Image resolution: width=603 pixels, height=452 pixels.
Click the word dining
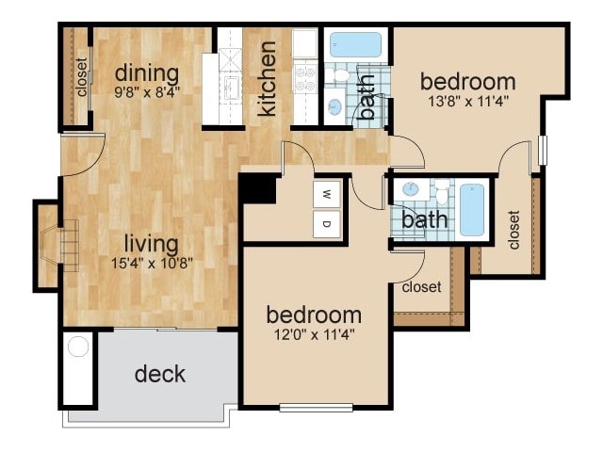[x=146, y=73]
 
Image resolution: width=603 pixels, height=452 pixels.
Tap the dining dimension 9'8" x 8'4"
[x=146, y=92]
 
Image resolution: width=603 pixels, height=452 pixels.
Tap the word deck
[x=159, y=374]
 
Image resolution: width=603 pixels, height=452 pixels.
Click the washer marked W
[x=327, y=195]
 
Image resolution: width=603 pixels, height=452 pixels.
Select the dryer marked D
[x=327, y=223]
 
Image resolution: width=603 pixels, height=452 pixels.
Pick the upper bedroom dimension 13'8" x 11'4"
[x=468, y=101]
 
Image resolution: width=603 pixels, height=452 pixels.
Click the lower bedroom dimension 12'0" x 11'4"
[x=314, y=332]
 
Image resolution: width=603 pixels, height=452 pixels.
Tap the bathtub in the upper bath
[x=355, y=44]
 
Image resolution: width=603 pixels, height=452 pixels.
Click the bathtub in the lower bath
[x=471, y=209]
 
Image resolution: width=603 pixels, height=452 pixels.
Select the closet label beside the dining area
[x=82, y=79]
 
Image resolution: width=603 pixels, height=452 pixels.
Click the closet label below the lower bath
[x=421, y=286]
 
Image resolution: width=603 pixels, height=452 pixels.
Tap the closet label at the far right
[x=513, y=230]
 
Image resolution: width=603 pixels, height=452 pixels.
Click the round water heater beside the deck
[x=77, y=347]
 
